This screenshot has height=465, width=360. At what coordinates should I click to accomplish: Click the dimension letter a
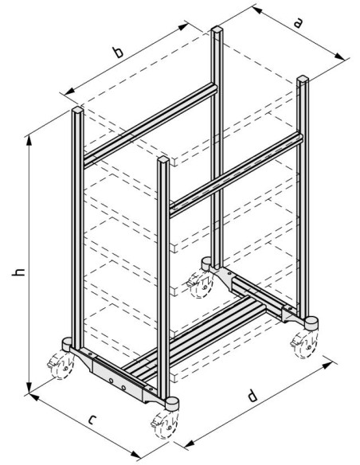click(299, 23)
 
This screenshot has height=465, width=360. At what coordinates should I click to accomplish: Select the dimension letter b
click(118, 53)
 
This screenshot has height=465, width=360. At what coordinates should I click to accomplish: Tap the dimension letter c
click(92, 420)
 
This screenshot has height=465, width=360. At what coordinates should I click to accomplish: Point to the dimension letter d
click(252, 396)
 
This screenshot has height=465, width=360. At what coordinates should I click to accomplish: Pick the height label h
click(18, 272)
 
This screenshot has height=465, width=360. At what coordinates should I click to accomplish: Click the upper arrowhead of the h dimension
click(29, 141)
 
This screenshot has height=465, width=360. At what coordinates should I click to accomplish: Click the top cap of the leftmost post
click(77, 110)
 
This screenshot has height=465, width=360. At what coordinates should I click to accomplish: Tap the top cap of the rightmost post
click(303, 79)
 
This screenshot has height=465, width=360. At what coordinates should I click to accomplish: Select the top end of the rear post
click(217, 29)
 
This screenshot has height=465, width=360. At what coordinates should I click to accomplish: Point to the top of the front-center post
click(163, 160)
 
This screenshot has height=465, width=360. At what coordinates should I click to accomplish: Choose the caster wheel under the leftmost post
click(61, 366)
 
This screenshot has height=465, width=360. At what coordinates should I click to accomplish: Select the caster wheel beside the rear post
click(201, 284)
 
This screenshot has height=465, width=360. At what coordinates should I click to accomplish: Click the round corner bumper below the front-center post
click(172, 404)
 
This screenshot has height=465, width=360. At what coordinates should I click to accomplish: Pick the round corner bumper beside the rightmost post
click(311, 323)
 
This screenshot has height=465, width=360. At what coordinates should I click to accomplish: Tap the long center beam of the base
click(196, 338)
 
